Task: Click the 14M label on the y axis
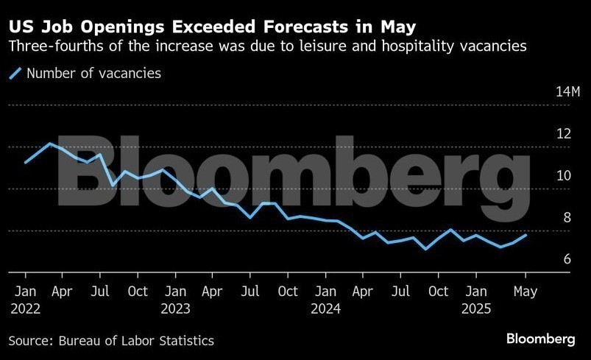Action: coord(568,92)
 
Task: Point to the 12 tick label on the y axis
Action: coord(565,134)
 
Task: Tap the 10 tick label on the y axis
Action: coord(565,176)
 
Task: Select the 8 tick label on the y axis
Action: coord(567,218)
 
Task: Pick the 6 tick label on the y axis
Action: coord(567,259)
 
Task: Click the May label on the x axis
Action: coord(525,291)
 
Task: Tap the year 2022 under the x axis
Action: coord(25,309)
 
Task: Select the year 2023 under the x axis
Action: coord(175,309)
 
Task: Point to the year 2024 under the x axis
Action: coord(325,309)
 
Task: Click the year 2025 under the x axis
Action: coord(476,309)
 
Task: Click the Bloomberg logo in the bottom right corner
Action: coord(541,339)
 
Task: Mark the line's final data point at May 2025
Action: coord(525,235)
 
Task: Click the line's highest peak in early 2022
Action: coord(50,144)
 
